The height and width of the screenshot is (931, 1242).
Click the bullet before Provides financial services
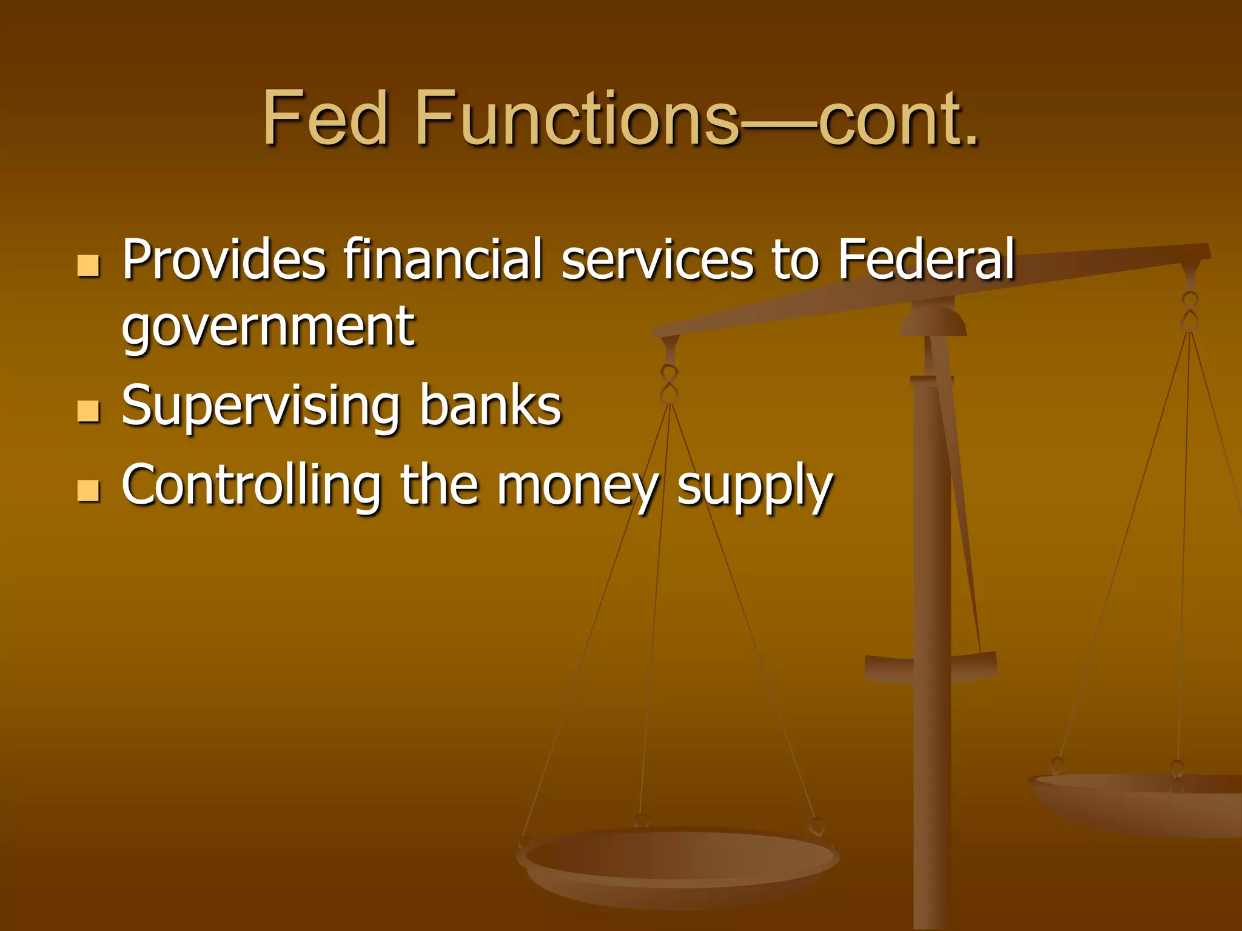tap(89, 265)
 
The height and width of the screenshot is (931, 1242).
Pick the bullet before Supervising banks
tap(89, 411)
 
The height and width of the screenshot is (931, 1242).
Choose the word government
tap(268, 327)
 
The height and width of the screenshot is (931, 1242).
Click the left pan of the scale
tap(678, 861)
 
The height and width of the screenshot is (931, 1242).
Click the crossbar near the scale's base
tap(930, 667)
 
